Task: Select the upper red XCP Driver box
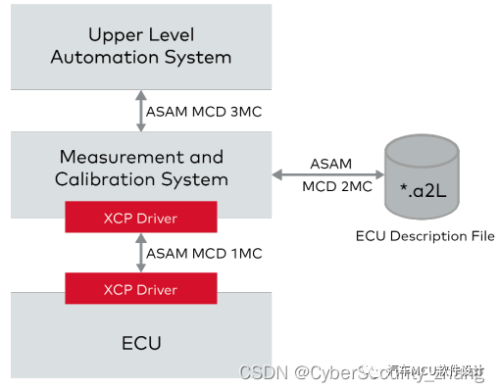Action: [x=141, y=216]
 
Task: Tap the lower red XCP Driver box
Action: [x=141, y=289]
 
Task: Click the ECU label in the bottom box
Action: [x=141, y=343]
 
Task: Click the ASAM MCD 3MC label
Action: [x=203, y=111]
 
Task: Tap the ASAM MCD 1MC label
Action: [x=203, y=253]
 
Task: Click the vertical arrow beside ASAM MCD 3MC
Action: [x=140, y=111]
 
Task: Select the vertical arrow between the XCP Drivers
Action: [x=140, y=253]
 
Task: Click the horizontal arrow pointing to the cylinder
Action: [x=324, y=175]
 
